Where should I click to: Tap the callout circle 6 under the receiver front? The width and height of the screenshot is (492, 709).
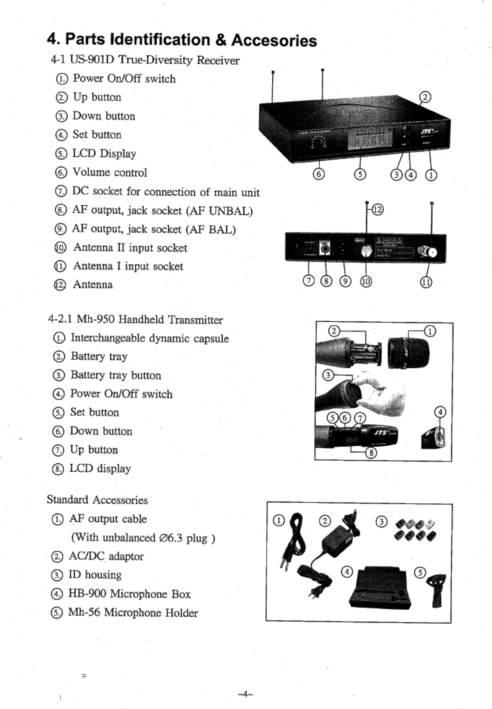[x=319, y=175]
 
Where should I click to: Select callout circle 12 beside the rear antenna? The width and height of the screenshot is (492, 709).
[x=377, y=210]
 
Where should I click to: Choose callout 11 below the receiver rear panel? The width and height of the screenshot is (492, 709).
[x=426, y=282]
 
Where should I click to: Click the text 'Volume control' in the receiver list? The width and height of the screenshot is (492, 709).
[x=109, y=172]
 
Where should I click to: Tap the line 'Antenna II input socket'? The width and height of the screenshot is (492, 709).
[x=130, y=248]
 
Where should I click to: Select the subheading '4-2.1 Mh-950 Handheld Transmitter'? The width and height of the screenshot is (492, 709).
[x=135, y=320]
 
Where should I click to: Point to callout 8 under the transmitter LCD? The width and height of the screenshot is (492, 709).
[x=371, y=454]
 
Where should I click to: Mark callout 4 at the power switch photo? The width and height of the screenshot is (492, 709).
[x=440, y=412]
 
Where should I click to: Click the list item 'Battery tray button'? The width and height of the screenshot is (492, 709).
[x=116, y=375]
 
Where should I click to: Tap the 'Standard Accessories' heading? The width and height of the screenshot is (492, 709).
[x=97, y=500]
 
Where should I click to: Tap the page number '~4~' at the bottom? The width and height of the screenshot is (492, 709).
[x=244, y=694]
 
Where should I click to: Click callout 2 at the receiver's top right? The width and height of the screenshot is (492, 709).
[x=425, y=97]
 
